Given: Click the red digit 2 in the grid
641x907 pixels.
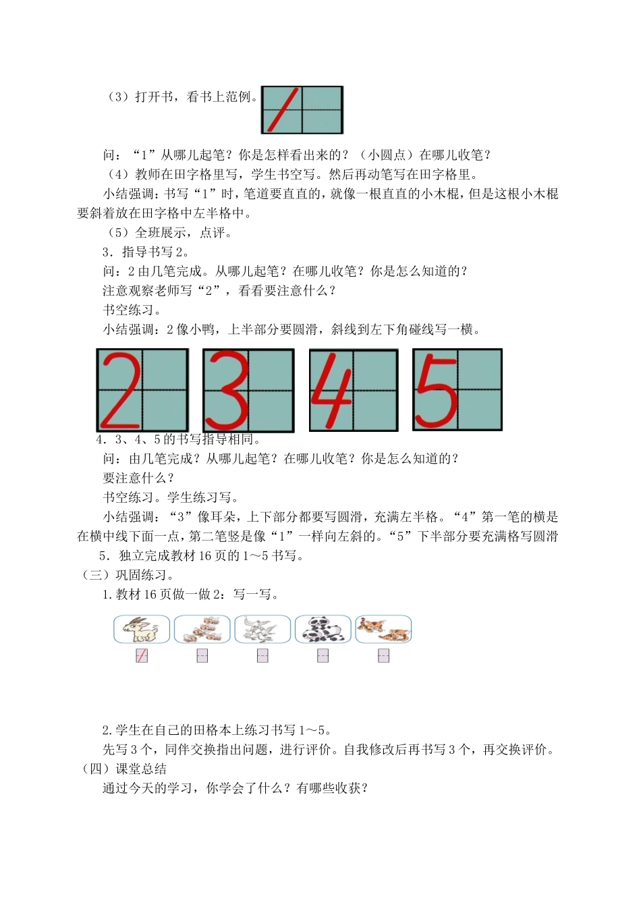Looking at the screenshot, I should pos(121,391).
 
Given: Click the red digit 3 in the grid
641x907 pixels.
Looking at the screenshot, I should pos(226,391).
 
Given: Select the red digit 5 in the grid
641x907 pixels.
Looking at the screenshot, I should pos(436,389).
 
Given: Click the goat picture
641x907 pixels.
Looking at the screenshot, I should pos(142,629).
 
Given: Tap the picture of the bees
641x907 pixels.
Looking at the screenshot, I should pos(202,629).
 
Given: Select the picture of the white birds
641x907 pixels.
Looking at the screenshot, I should pos(262,629).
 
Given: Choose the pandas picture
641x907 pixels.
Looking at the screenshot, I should pos(323,629).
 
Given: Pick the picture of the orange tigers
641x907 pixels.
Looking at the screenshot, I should pos(383,629).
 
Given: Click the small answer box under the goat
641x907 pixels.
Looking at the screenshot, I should pos(142,655).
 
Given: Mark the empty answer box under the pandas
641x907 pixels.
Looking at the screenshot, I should pos(323,655).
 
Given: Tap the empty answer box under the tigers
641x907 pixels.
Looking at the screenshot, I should pos(383,655).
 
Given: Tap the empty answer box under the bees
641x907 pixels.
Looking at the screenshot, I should pos(202,655).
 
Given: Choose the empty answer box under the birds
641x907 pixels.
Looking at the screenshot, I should pos(262,655).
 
